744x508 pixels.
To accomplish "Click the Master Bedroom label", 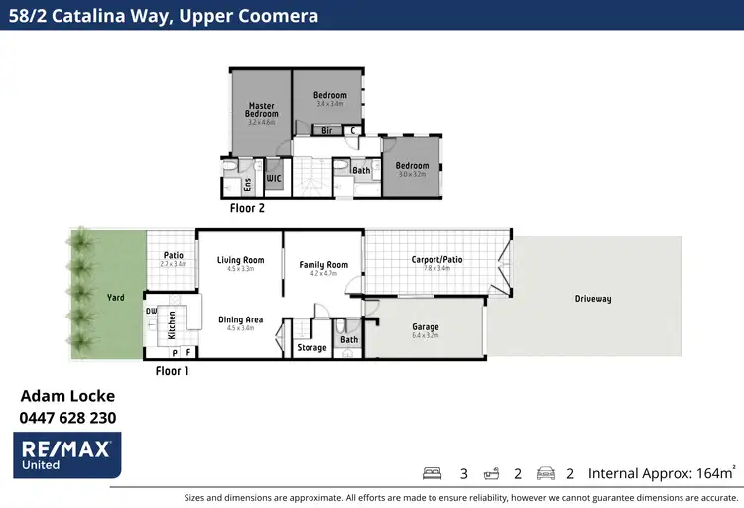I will (x=262, y=109).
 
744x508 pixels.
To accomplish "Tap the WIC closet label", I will (x=274, y=179).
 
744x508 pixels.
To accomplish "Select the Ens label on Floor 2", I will (x=247, y=184).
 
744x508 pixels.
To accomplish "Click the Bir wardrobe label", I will (x=325, y=130).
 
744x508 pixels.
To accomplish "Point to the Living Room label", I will (x=241, y=260).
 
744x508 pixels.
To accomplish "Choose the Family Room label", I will (x=324, y=265).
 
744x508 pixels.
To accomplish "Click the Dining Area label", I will (x=241, y=319).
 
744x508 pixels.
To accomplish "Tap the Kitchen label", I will (x=172, y=321).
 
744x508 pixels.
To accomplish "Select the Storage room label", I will (x=311, y=348).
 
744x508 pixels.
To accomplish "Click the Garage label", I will (x=425, y=327).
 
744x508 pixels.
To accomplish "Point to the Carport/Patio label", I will (x=436, y=260).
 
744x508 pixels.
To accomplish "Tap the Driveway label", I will (x=592, y=299).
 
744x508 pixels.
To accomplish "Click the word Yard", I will (x=115, y=297).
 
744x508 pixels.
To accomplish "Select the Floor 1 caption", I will (x=172, y=371).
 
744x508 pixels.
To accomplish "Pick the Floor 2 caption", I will (x=246, y=209).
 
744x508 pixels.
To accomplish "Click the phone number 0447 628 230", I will (x=67, y=418).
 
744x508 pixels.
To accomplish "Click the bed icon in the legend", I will (x=432, y=473).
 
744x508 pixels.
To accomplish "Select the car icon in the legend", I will (x=545, y=473).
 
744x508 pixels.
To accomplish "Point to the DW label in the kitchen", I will (x=151, y=311).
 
